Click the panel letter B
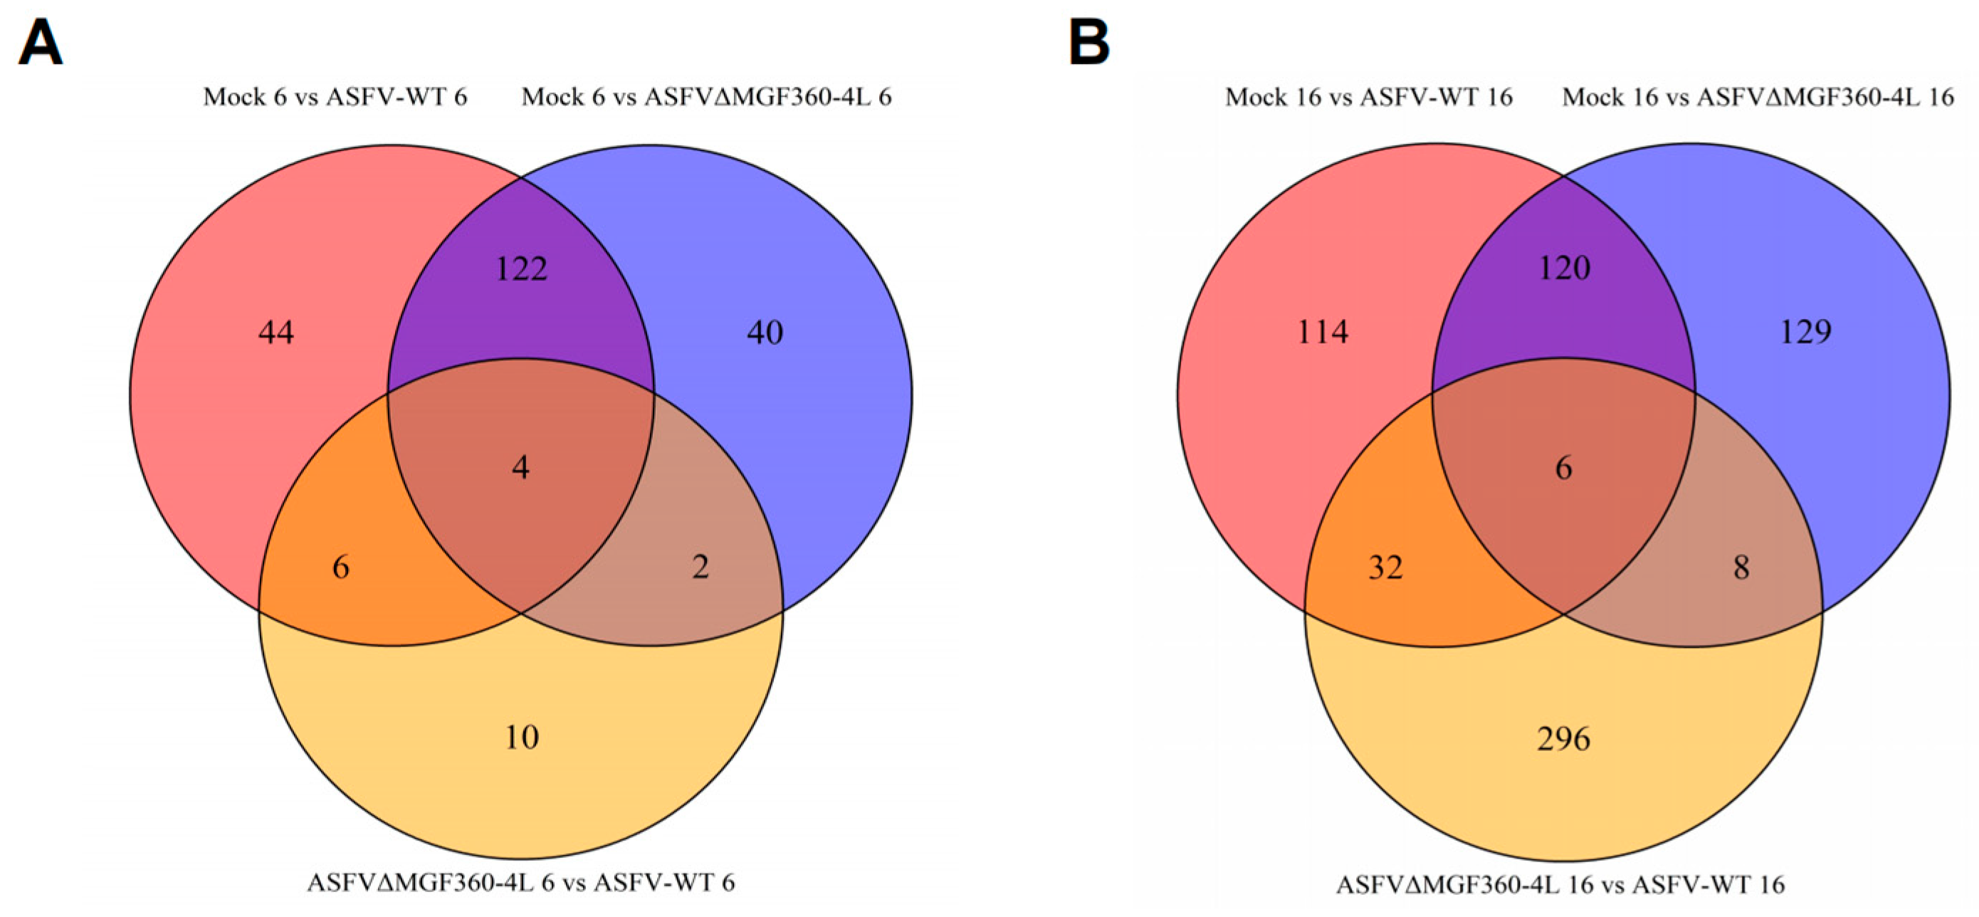coord(1089,43)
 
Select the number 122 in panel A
coord(522,269)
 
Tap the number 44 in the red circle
coord(275,332)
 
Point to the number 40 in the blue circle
coord(765,332)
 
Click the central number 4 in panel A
coord(521,467)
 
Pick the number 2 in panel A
coord(700,567)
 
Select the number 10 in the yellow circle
coord(522,737)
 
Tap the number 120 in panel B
coord(1564,268)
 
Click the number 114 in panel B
coord(1323,332)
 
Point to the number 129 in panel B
coord(1805,332)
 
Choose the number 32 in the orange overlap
coord(1386,567)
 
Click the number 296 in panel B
coord(1563,739)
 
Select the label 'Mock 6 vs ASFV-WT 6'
coord(335,97)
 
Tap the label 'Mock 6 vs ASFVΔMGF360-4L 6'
coord(707,97)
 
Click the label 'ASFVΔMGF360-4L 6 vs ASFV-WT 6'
coord(521,881)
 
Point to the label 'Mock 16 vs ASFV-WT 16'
coord(1369,97)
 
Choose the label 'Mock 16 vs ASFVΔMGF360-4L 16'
coord(1758,97)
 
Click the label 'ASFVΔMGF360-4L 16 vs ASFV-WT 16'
coord(1560,885)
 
